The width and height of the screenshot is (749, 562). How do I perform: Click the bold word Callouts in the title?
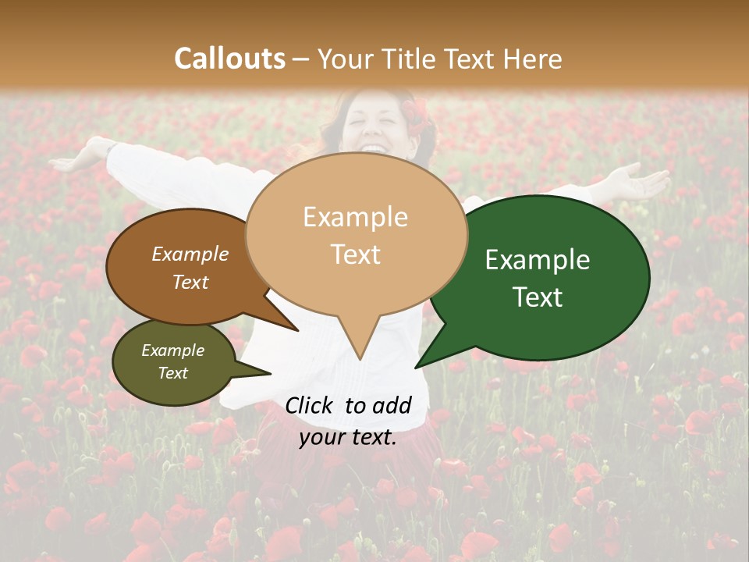pos(229,59)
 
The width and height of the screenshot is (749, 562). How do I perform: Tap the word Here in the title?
pos(534,59)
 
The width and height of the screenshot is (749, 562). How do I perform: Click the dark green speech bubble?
pos(546,277)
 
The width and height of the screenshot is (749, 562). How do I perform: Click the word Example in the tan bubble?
pos(355,217)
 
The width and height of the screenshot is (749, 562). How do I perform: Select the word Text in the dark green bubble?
pos(538,297)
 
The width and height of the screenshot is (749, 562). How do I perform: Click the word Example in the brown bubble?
pos(190,254)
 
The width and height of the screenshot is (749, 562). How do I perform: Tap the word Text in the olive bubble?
pos(173,373)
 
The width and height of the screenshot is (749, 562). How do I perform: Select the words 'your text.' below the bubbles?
pos(349,437)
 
